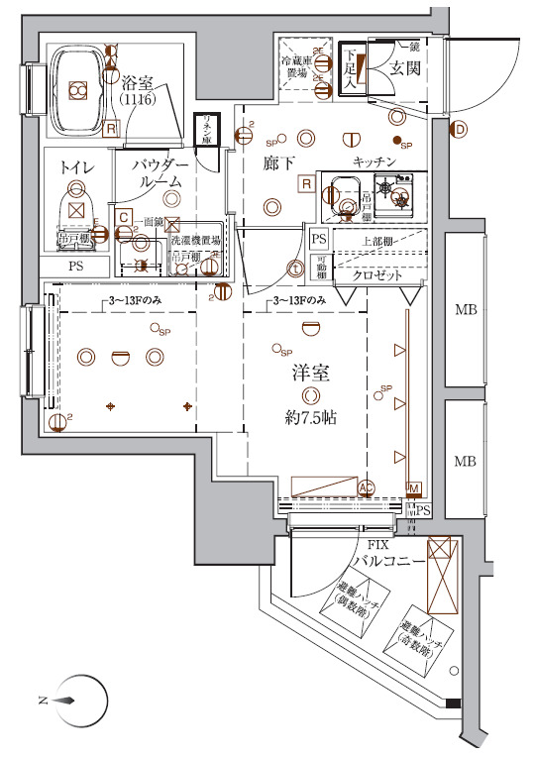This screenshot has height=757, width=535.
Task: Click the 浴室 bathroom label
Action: tap(135, 84)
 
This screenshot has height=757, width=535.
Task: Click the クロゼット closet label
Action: tap(376, 275)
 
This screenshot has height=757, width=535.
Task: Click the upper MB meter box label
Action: tap(465, 311)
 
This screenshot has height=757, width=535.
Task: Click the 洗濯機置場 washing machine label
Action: tap(193, 241)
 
